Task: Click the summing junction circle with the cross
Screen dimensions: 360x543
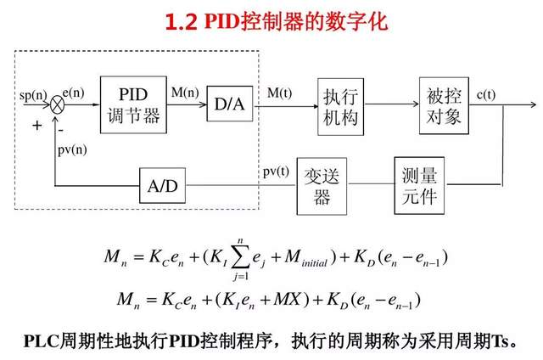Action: [58, 104]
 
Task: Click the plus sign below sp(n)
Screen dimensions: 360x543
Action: [36, 125]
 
